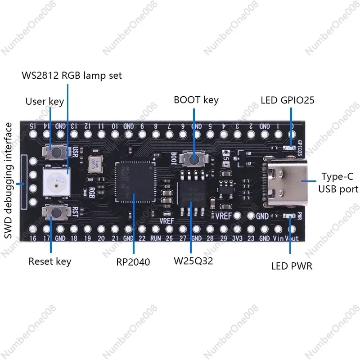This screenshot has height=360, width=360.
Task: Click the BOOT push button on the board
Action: click(x=193, y=158)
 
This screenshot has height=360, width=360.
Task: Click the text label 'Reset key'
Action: click(x=50, y=261)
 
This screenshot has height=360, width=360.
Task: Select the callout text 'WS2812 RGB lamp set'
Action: click(x=72, y=75)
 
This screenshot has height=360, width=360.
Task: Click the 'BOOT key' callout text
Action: click(x=196, y=99)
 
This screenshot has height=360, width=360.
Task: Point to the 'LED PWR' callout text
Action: click(x=292, y=266)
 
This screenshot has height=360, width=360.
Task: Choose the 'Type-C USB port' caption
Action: click(x=338, y=182)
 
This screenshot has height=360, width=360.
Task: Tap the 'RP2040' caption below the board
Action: click(x=133, y=261)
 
